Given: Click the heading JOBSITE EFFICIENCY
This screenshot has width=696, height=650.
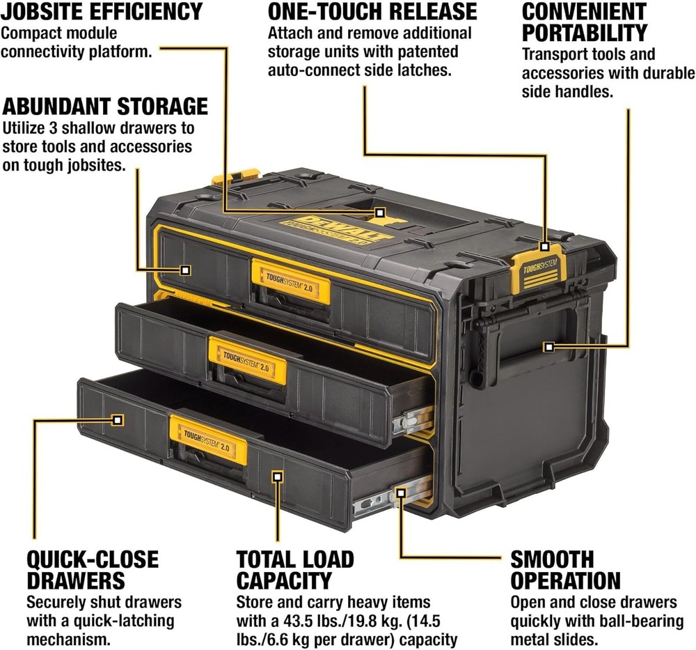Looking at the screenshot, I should [102, 12].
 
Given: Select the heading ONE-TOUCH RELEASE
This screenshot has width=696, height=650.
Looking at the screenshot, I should [372, 12].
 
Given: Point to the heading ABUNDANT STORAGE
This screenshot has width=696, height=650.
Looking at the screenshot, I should [105, 106].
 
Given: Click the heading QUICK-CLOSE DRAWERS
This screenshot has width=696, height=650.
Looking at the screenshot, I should [93, 569].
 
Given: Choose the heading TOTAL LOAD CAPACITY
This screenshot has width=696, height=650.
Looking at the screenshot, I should [295, 569].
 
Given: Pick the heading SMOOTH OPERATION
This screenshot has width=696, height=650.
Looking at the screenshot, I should [564, 569].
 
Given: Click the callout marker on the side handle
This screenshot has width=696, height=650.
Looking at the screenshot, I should [549, 346].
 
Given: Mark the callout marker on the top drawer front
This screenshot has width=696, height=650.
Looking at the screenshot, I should [185, 270].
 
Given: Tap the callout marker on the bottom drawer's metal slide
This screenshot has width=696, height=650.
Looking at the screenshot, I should [401, 493].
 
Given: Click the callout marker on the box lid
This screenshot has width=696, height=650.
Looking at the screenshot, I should [379, 211].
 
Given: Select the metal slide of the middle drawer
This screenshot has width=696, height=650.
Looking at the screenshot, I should [410, 418].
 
